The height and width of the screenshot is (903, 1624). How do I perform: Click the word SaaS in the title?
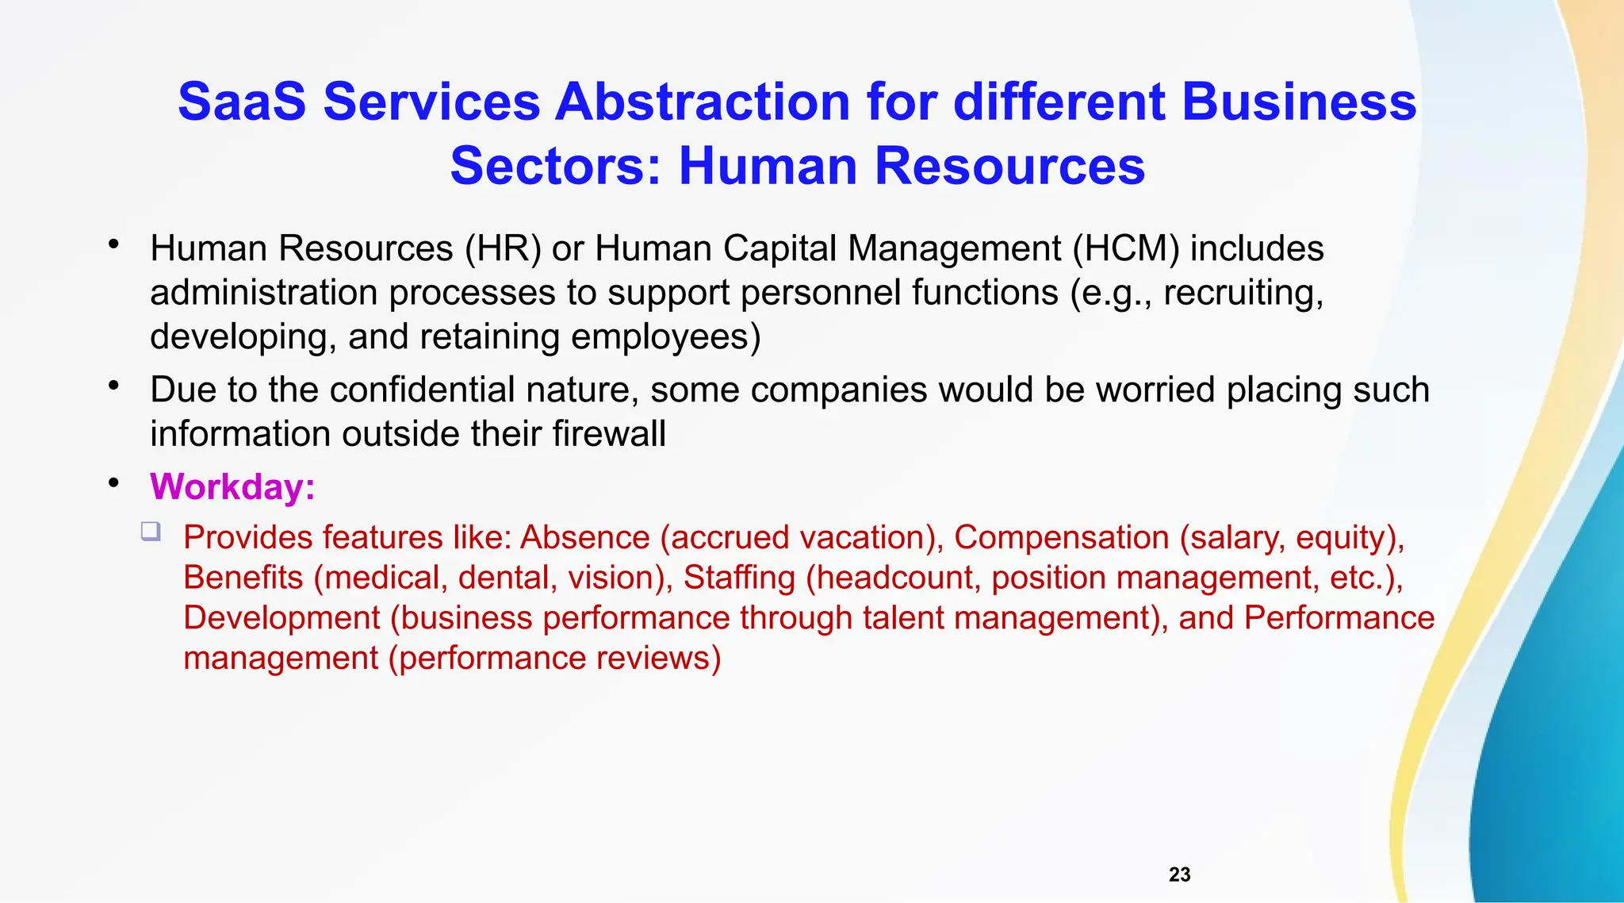241,102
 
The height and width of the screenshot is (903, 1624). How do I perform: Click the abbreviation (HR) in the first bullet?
503,248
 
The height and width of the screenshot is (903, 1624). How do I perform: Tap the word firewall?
608,434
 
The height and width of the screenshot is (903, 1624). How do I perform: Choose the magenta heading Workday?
232,486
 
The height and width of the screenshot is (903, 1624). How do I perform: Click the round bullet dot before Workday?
114,482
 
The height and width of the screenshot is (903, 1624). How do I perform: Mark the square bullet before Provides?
151,531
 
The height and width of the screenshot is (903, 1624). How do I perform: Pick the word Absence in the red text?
584,538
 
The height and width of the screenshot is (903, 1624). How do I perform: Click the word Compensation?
1061,538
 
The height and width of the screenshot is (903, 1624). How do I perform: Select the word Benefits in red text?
243,578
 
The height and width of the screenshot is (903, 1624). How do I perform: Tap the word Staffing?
739,578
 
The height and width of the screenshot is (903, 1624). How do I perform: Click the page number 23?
1179,874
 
